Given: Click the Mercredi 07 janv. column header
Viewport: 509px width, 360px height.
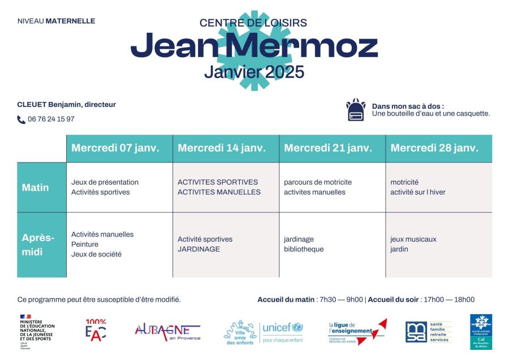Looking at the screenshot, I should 115,148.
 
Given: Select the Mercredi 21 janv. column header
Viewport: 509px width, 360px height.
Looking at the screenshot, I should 328,148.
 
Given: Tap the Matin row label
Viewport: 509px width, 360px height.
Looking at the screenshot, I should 35,187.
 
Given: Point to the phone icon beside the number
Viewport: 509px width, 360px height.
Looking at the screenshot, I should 21,119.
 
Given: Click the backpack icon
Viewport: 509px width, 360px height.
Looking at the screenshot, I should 356,110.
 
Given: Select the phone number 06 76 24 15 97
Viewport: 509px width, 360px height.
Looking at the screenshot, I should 51,119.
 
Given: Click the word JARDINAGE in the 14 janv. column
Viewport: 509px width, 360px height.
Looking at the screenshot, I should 199,249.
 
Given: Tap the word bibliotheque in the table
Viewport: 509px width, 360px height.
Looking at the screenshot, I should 304,249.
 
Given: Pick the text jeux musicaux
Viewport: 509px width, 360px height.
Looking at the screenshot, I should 413,239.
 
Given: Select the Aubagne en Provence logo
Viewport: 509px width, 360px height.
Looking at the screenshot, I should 167,332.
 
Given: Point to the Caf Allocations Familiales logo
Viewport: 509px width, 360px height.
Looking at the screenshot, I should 481,332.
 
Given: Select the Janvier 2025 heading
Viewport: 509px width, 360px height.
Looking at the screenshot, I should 254,72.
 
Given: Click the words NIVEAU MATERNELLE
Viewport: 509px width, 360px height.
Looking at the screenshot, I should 57,22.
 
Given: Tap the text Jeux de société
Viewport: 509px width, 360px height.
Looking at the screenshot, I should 96,255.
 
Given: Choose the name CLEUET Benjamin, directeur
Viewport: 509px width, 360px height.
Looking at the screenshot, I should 67,105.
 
